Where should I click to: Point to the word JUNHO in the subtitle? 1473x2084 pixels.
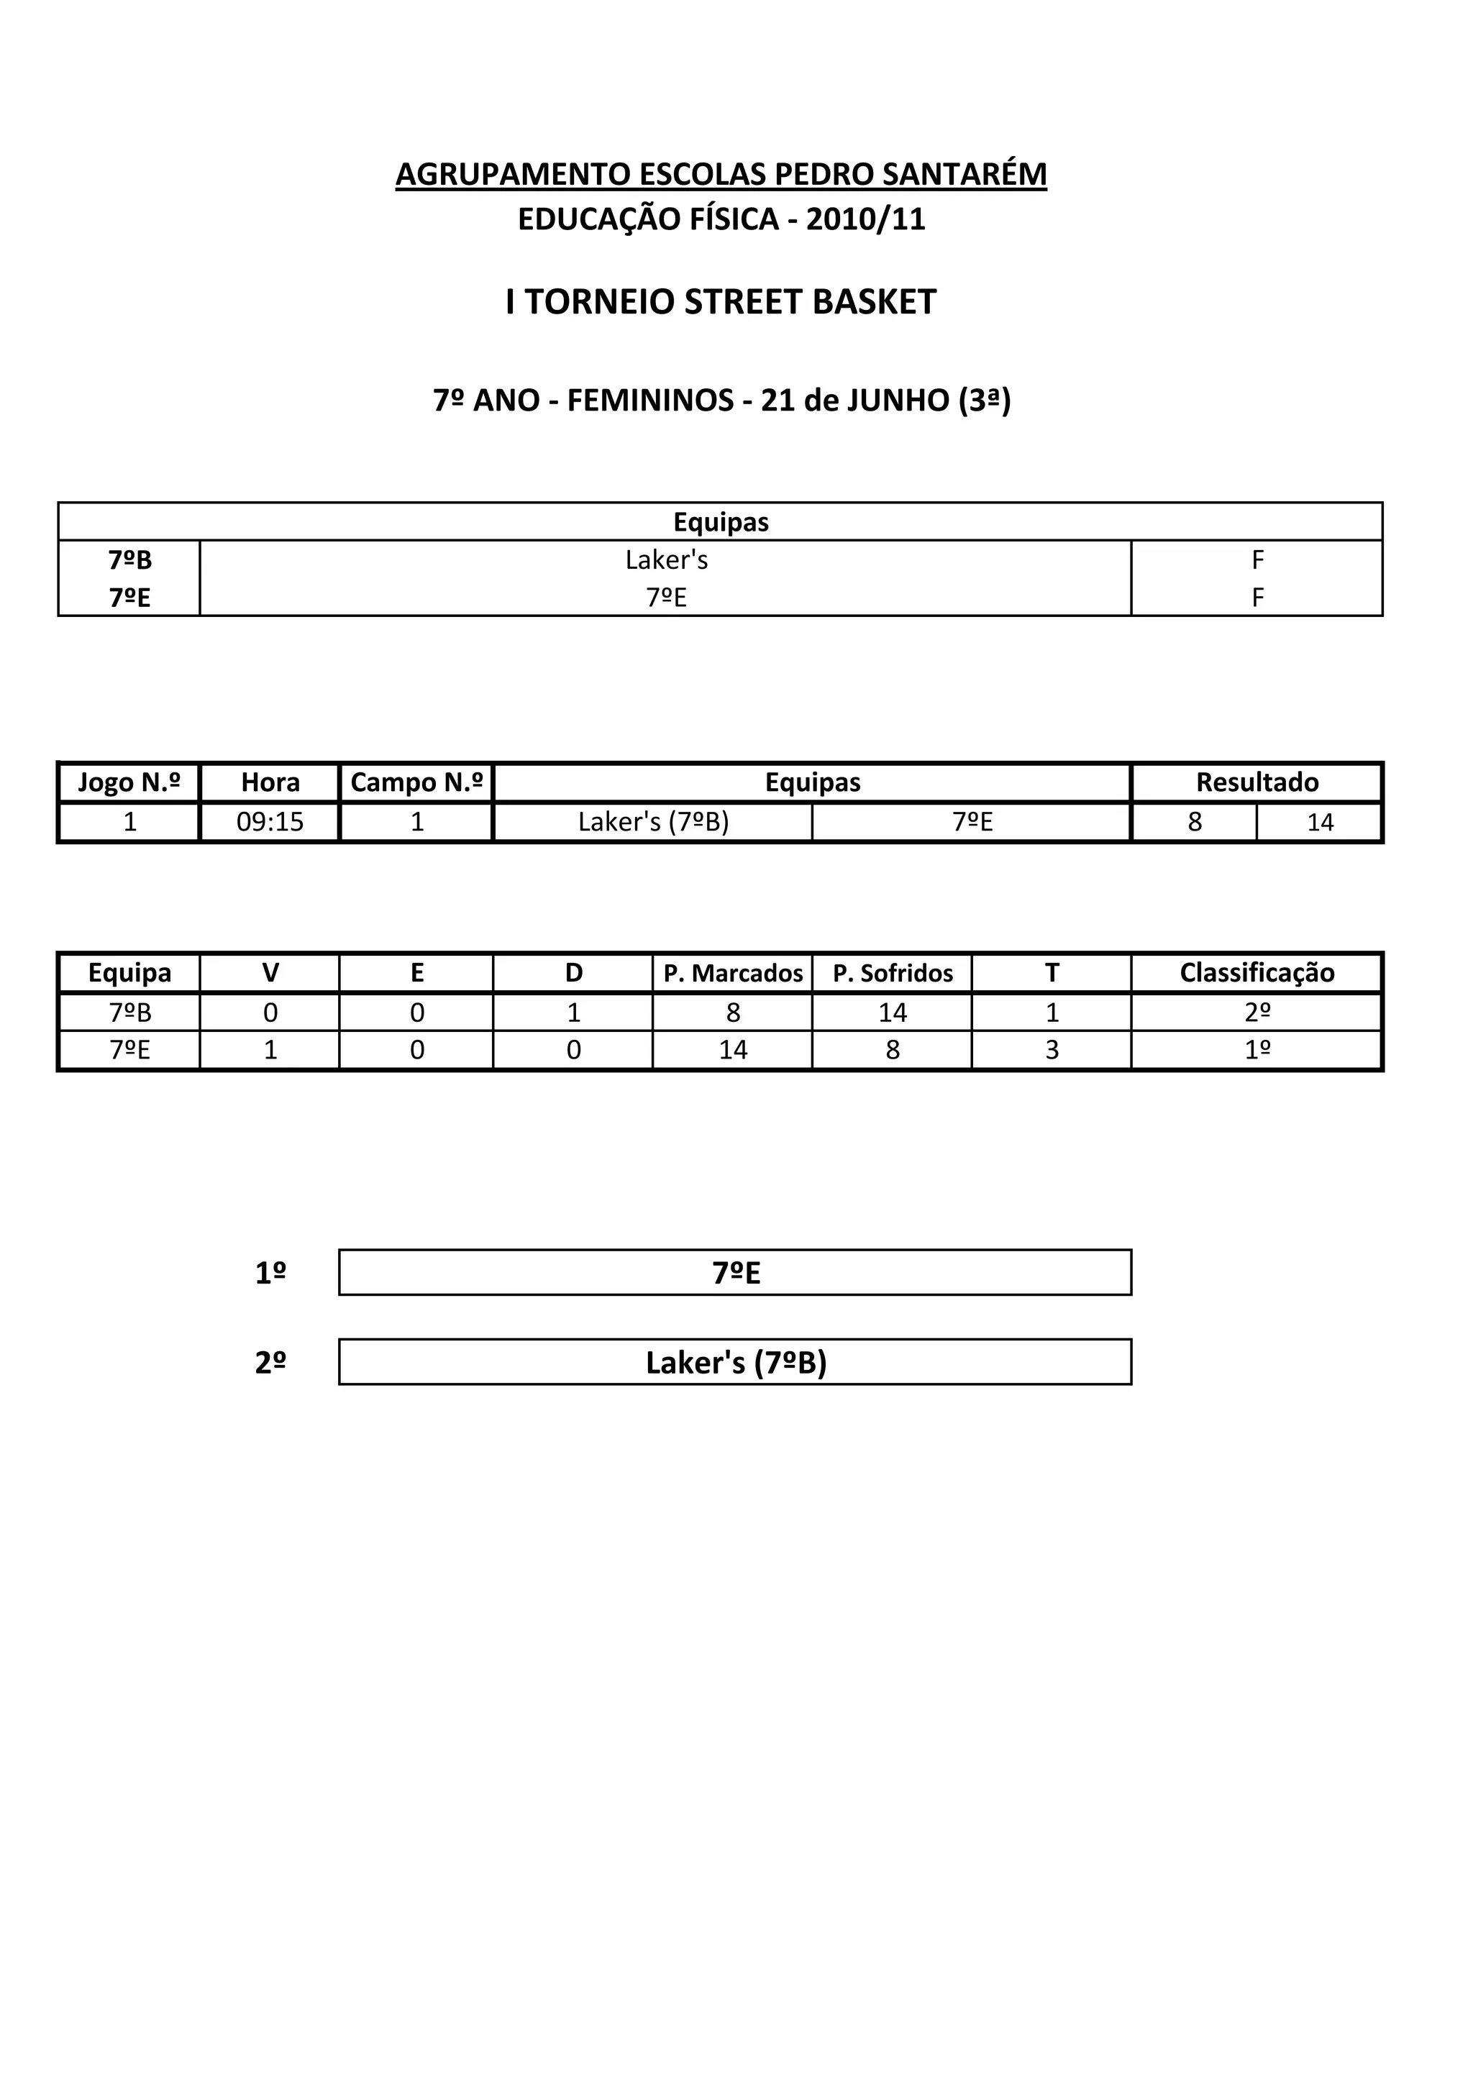click(898, 401)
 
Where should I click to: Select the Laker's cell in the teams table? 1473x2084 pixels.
click(665, 560)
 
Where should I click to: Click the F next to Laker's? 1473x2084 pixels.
click(1257, 560)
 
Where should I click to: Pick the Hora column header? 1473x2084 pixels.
click(270, 782)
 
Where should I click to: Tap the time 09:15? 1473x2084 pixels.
click(270, 823)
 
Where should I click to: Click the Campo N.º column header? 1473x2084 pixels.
click(416, 782)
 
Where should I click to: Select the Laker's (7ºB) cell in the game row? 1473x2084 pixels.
click(654, 823)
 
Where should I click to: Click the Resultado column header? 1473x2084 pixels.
click(1257, 782)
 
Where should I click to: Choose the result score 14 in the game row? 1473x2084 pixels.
click(1320, 823)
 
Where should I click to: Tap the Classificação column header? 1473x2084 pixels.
click(1257, 974)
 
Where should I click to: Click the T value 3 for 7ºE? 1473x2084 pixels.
click(1052, 1050)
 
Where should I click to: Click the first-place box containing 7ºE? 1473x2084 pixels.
click(735, 1274)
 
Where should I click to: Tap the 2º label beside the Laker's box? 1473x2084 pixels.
click(270, 1363)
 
